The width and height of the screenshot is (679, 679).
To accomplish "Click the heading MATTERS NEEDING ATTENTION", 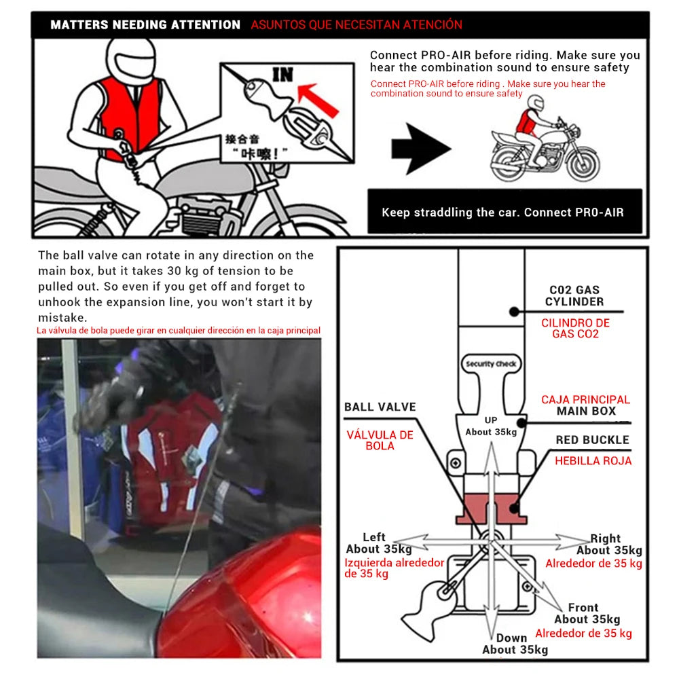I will point(145,25).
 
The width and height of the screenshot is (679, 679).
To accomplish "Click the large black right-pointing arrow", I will point(420,148).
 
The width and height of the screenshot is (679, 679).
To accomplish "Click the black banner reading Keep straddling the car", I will point(502,212).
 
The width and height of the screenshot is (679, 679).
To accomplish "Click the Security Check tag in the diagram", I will point(491,364).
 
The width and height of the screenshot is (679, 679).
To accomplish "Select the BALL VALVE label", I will point(380,407).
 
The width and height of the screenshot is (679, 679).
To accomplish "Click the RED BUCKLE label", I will point(592,440).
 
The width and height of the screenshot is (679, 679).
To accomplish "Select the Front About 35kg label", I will point(586,613).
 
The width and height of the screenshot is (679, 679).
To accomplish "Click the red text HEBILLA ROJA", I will point(593,461).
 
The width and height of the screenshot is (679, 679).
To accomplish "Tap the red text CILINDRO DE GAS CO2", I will point(575,328).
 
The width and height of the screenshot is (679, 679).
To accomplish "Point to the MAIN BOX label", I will point(586,411).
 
